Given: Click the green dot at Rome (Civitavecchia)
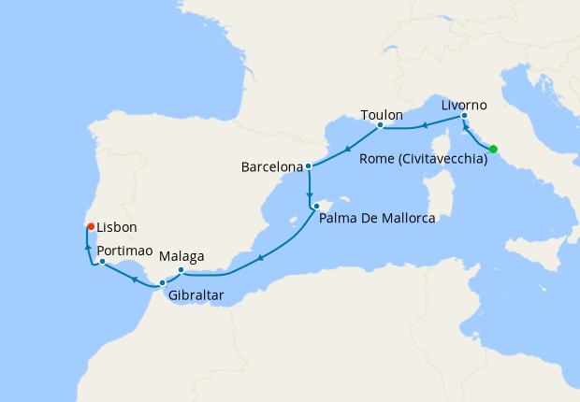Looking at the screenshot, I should (x=493, y=149).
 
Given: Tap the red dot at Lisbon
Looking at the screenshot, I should (x=90, y=226).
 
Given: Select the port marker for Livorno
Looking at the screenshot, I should (x=464, y=116).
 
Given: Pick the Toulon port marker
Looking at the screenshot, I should (x=380, y=124).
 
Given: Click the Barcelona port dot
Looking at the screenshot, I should (x=308, y=167).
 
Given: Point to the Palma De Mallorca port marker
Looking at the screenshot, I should (x=316, y=206).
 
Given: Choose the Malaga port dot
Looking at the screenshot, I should (x=181, y=270).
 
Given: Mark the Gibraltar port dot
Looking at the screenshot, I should (x=163, y=282).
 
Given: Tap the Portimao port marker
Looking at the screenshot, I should (x=102, y=262).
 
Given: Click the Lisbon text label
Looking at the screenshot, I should (x=117, y=227).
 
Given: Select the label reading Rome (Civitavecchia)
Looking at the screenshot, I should (x=423, y=160).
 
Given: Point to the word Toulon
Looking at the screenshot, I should (x=381, y=113).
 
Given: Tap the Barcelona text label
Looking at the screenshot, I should (x=272, y=168).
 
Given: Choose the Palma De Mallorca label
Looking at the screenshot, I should (x=377, y=219).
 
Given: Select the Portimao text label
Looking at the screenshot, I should (x=125, y=250).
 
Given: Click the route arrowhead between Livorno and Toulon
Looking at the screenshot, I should (x=425, y=124).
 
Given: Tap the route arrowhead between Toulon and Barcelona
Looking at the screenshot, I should (x=347, y=148).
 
